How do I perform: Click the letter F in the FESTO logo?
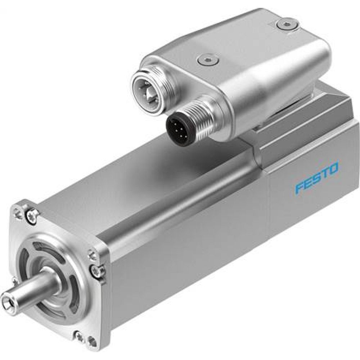[300, 188]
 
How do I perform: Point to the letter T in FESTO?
[325, 173]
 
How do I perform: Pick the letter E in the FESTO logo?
[309, 183]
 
